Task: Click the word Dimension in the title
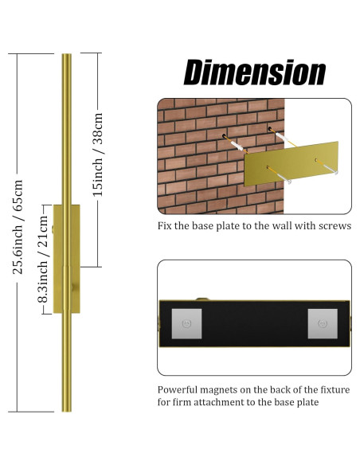[x=254, y=72]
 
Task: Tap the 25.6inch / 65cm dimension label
[x=18, y=228]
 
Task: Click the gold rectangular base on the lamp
[x=67, y=258]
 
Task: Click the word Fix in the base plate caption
[x=165, y=225]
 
